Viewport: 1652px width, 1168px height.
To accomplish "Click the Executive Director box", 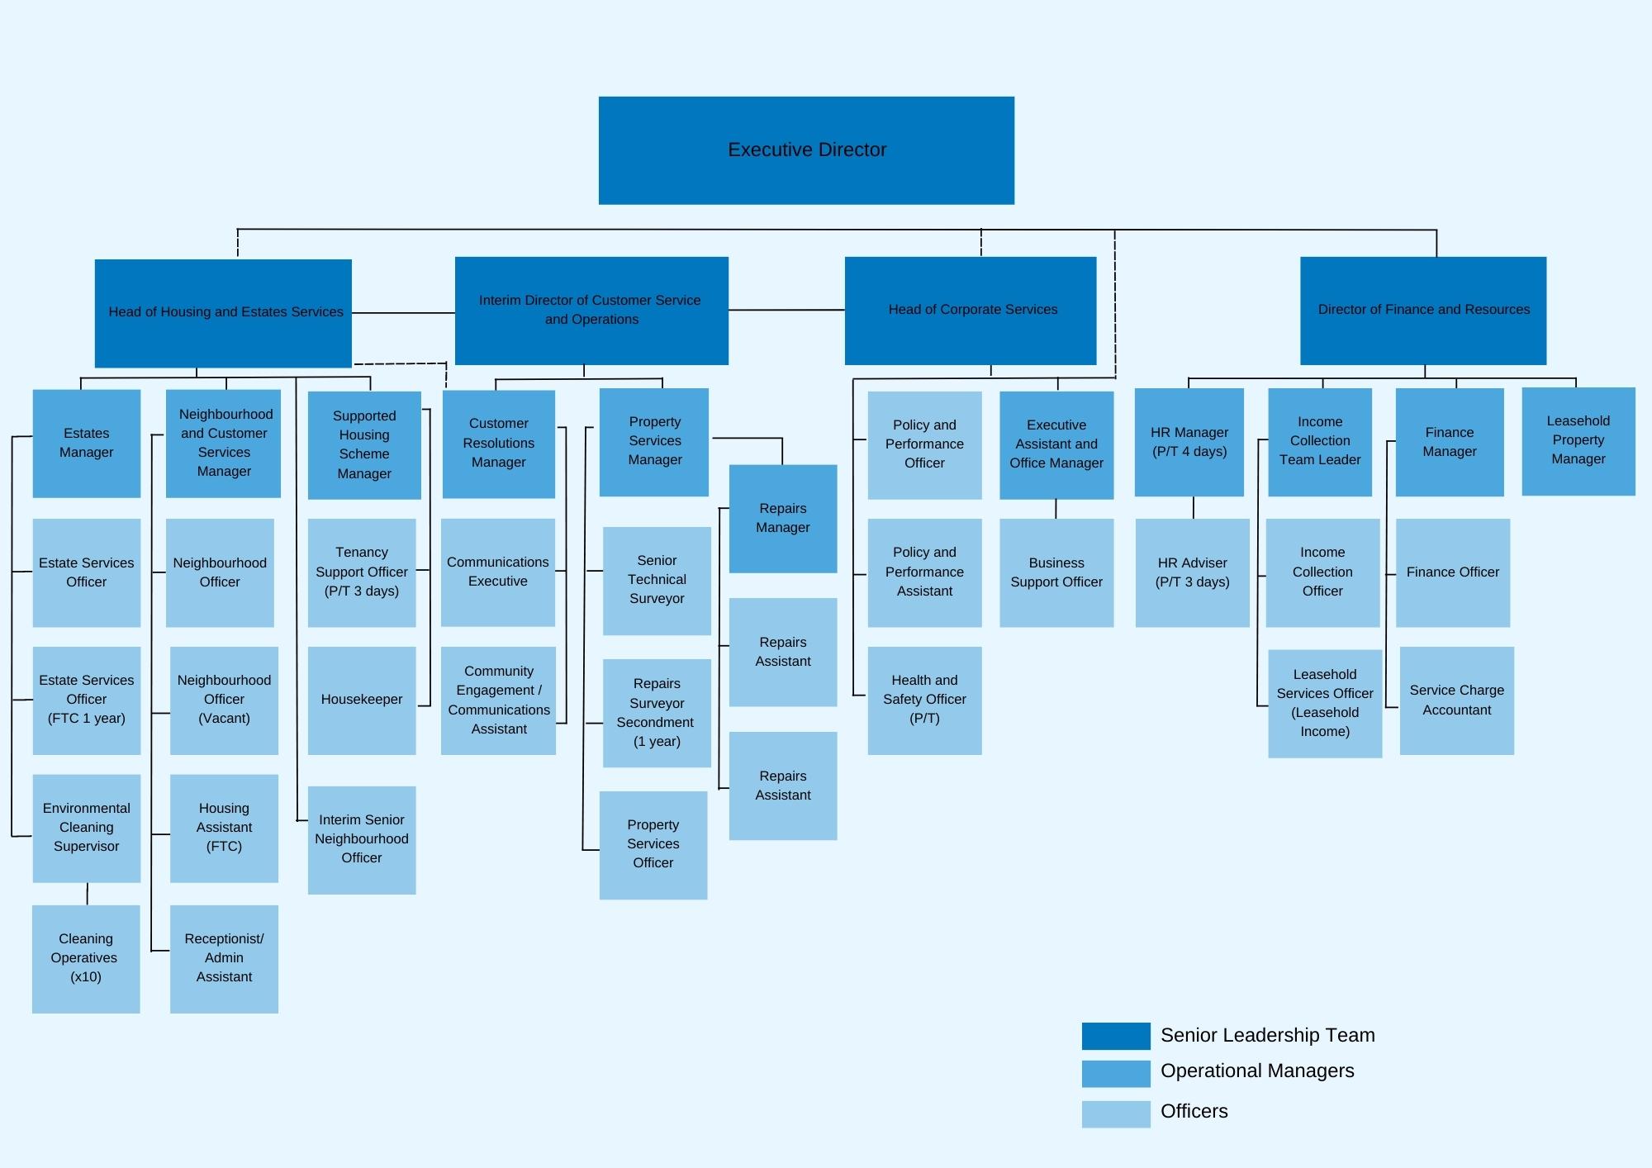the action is (806, 150).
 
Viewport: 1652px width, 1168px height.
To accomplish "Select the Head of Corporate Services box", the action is (971, 311).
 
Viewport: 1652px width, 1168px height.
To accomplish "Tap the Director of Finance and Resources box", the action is (1423, 311).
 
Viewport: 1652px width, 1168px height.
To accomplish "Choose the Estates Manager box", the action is (87, 444).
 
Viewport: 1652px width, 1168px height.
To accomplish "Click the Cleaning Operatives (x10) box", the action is (86, 959).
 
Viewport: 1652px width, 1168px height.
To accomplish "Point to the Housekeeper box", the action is (362, 700).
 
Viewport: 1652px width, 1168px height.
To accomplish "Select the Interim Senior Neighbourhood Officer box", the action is (362, 840).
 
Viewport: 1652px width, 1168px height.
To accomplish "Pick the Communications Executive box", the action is (498, 572).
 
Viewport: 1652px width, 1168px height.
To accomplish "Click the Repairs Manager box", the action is (783, 519).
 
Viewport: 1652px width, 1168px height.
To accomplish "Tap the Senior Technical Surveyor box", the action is (657, 581).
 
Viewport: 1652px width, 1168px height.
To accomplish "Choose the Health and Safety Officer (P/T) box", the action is (924, 700).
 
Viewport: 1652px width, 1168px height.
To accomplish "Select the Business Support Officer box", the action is (1056, 572).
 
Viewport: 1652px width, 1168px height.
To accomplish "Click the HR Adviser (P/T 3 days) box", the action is (1192, 572).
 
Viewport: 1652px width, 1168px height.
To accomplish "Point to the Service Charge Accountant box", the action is (1457, 700).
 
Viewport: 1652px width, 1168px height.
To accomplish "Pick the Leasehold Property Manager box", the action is (1578, 441).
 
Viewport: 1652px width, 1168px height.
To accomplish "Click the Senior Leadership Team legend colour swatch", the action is (1116, 1036).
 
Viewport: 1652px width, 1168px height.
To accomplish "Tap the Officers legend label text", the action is (1194, 1111).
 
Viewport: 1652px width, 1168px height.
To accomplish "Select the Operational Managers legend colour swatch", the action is (1116, 1074).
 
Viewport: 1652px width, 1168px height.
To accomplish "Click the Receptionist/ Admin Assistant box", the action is (224, 959).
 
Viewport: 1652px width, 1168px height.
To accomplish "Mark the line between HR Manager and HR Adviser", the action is (1193, 507).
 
